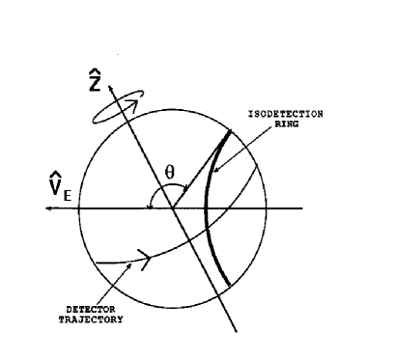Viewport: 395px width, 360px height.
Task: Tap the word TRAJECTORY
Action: [95, 319]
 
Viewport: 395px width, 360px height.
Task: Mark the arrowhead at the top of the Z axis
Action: [113, 88]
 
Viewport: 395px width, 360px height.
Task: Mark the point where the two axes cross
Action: [173, 208]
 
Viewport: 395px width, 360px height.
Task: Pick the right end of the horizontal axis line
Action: [302, 208]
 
